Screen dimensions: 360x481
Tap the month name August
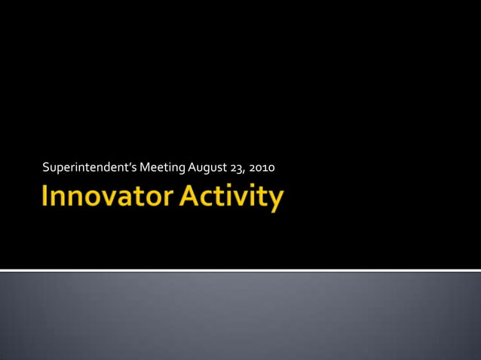207,166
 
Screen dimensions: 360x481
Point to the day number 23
237,166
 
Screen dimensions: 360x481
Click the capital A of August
191,166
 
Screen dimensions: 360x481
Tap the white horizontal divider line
240,270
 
